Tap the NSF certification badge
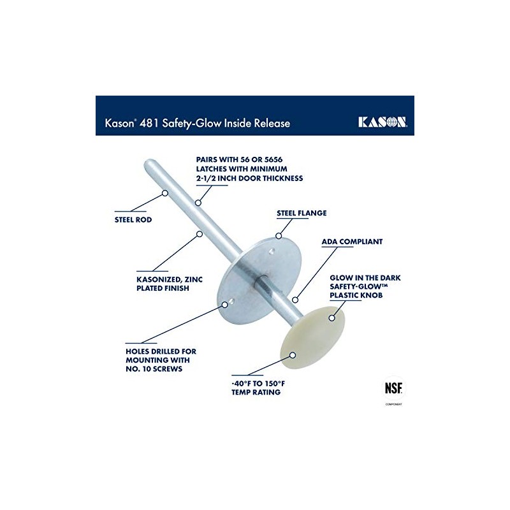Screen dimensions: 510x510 click(x=393, y=388)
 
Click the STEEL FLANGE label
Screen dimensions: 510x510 click(x=302, y=213)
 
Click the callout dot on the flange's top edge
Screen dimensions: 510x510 click(x=277, y=235)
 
